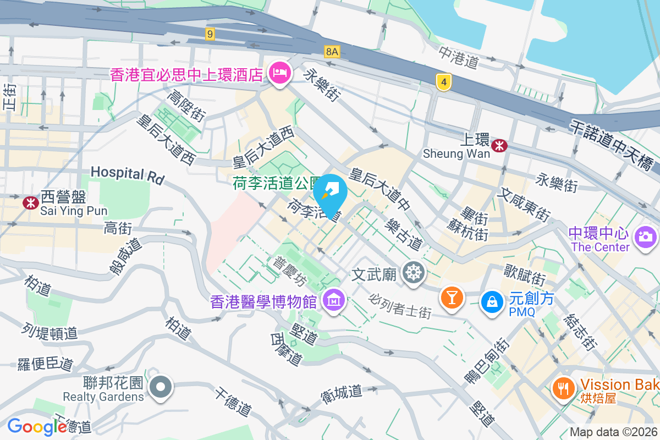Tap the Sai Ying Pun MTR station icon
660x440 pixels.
30,202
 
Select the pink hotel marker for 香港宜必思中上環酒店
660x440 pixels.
280,73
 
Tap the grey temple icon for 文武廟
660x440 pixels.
413,272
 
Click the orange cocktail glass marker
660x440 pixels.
452,298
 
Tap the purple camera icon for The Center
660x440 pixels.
645,237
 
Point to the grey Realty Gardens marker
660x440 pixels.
161,386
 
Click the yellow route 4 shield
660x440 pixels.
444,82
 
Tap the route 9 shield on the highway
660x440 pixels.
210,34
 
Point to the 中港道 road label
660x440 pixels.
459,57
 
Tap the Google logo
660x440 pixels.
37,426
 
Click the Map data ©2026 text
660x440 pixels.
613,432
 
